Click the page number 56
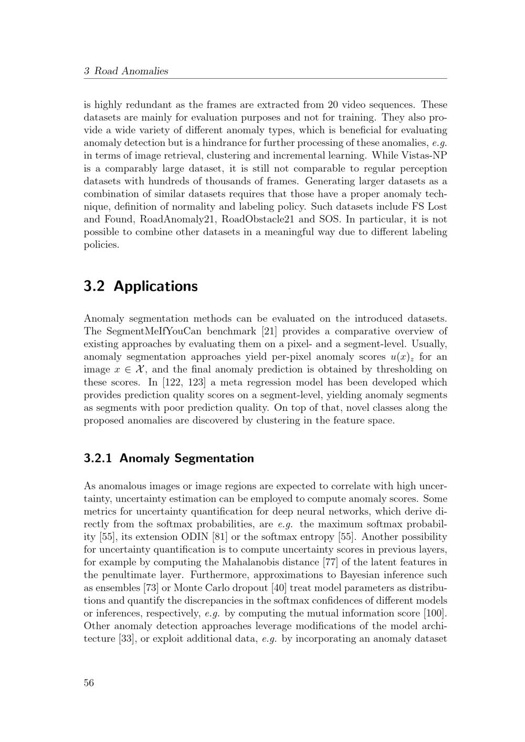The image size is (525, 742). coord(89,683)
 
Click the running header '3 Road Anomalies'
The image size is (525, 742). coord(126,71)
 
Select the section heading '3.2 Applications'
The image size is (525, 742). coord(141,287)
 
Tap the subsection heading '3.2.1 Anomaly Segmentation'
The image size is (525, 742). coord(169,458)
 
